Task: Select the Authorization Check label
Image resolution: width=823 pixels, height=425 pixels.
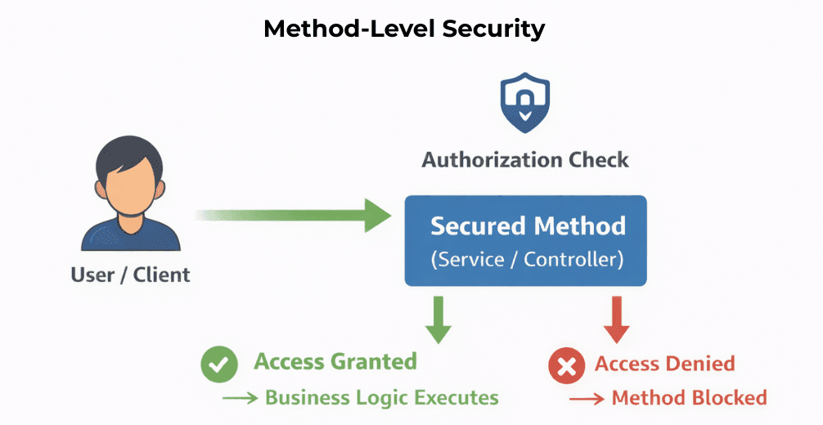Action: [525, 159]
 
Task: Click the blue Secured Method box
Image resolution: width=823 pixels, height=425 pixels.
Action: [526, 240]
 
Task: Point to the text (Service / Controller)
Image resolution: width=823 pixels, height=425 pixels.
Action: [527, 260]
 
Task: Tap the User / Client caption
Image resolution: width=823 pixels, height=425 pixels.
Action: [131, 274]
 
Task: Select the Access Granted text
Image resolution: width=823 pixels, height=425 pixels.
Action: [335, 361]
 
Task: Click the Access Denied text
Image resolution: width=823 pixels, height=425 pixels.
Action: [664, 364]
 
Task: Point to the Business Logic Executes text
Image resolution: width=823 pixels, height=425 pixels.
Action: [381, 398]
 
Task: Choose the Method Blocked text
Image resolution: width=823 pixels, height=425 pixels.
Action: [689, 398]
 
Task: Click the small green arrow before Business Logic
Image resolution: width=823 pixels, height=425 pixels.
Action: [240, 399]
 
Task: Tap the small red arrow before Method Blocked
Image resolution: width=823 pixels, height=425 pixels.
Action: [587, 399]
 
